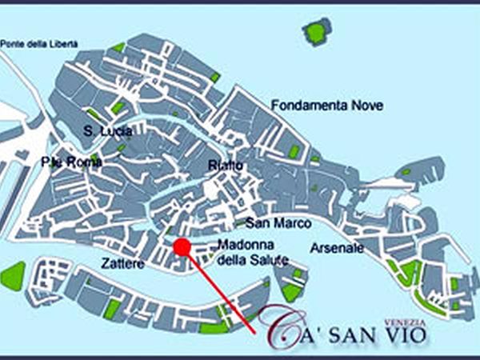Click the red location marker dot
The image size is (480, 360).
click(x=182, y=247)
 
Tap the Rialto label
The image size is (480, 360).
click(x=225, y=166)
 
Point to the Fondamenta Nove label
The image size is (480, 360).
click(x=326, y=105)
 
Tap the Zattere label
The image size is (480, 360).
click(x=122, y=262)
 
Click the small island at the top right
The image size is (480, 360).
click(x=316, y=32)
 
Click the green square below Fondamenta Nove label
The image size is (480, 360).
click(x=294, y=151)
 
